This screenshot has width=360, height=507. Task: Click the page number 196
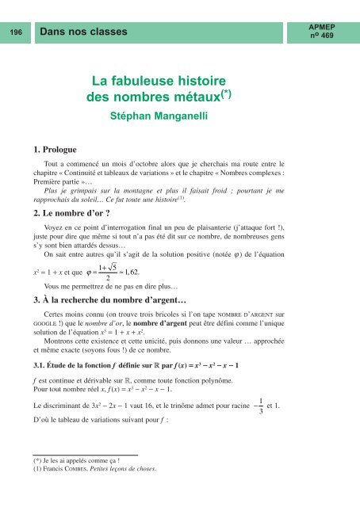pos(14,31)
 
